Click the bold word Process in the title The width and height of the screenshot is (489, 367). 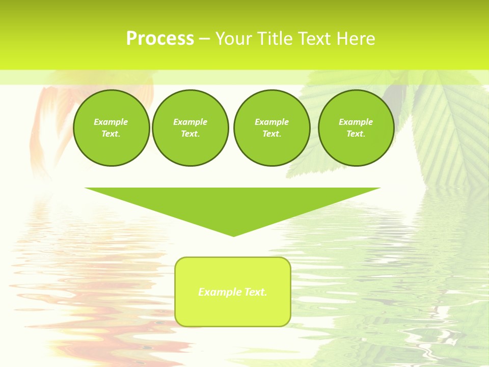point(160,39)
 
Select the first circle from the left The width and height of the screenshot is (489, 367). point(111,128)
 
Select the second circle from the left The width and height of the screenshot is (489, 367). point(190,128)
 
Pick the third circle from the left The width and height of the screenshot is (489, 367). point(271,128)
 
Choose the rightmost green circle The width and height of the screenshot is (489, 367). point(356,128)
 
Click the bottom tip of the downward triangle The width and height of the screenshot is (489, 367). point(233,235)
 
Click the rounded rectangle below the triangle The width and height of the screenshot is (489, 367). point(232,311)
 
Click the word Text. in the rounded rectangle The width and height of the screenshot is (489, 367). point(254,292)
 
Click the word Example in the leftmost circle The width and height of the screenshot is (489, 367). point(111,122)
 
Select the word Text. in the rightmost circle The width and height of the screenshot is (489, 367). point(356,134)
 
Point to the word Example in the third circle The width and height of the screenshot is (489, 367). point(271,122)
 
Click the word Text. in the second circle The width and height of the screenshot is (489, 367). point(190,134)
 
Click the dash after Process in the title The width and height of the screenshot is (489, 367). point(204,39)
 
